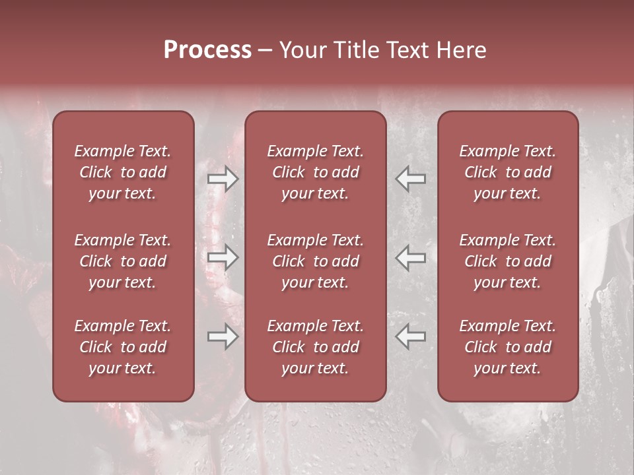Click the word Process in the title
click(207, 50)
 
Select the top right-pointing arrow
click(223, 179)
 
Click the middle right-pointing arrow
click(223, 257)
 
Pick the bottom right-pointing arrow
click(223, 336)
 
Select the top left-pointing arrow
click(411, 179)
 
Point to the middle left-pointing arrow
click(411, 257)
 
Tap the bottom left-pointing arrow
click(411, 336)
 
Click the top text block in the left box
click(123, 172)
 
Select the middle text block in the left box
click(123, 261)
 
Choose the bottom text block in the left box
click(123, 347)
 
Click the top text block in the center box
click(315, 172)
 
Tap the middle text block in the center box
click(315, 261)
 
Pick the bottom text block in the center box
click(315, 347)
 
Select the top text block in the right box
click(507, 172)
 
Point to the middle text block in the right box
click(507, 261)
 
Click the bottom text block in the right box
click(507, 347)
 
